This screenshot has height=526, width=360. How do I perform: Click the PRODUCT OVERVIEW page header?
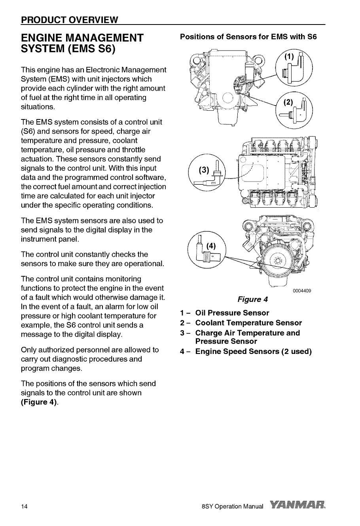70,20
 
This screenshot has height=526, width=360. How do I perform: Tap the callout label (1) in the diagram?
289,57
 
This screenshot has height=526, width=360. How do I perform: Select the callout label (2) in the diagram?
288,102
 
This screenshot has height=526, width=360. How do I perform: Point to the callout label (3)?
204,170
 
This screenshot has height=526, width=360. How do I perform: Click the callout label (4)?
211,246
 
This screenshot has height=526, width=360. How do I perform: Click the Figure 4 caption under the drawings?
252,299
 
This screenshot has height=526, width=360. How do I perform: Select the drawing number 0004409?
302,291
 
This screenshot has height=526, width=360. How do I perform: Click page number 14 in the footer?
24,506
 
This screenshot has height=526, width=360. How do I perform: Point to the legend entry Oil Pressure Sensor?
232,313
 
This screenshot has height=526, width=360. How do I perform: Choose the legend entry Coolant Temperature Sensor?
248,323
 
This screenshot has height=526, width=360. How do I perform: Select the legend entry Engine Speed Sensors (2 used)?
254,352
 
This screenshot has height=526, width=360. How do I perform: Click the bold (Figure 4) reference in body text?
39,402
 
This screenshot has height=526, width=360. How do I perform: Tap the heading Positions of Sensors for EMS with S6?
248,37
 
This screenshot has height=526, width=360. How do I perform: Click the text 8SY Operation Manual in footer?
232,506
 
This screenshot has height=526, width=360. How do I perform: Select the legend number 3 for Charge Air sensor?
182,333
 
